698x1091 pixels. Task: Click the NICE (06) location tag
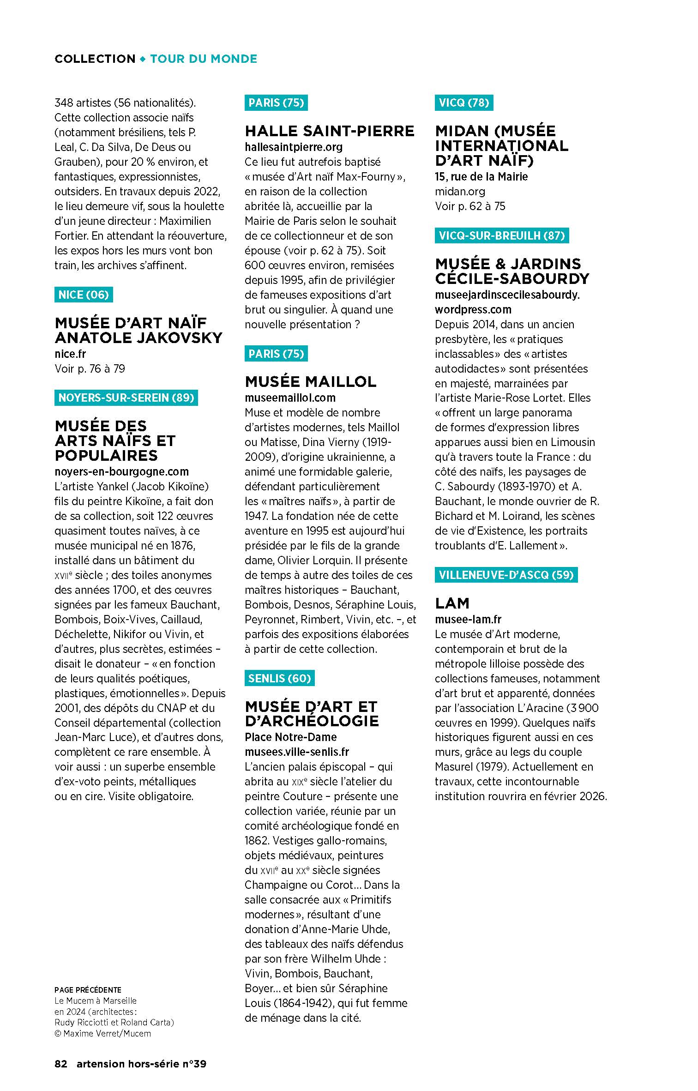84,295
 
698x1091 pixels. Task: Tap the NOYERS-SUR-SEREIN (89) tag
126,398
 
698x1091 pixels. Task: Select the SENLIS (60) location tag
279,678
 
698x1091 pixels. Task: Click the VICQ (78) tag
463,102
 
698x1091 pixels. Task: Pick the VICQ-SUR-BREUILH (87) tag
502,235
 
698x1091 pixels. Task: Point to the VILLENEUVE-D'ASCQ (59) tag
506,575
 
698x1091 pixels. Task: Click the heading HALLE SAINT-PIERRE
329,131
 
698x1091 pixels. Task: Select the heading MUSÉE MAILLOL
310,382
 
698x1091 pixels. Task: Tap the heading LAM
452,603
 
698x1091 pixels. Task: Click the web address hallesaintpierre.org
294,147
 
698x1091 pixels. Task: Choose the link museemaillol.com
290,398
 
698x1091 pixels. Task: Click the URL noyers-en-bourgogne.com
121,472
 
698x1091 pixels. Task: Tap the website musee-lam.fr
468,620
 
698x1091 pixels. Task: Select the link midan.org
460,192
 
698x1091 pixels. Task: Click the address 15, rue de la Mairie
481,177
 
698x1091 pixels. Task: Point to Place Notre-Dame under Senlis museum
290,737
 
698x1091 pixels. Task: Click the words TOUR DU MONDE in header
204,59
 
